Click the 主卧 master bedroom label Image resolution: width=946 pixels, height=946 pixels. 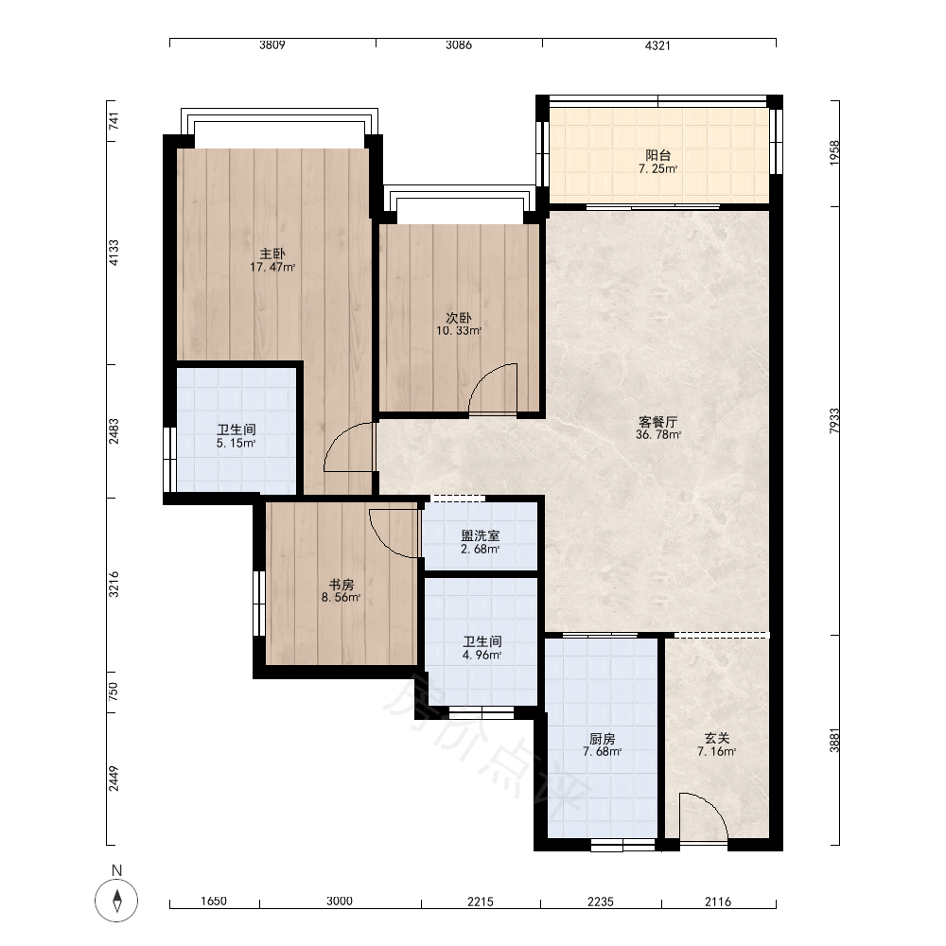pos(272,254)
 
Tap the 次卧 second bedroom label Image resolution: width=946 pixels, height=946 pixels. pos(459,317)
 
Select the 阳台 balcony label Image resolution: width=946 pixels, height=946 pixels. pos(657,155)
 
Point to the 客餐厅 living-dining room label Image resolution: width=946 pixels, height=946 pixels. pos(657,422)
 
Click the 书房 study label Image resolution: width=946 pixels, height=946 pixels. pos(341,585)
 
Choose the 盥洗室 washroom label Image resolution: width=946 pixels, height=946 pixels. pos(481,535)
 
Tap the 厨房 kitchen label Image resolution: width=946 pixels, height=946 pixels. pos(602,739)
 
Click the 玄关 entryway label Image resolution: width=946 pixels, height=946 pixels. pos(717,738)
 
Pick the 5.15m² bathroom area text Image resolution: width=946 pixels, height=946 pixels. pos(236,443)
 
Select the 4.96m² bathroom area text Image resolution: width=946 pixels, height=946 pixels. pos(482,655)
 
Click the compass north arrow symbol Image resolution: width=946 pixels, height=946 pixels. pos(116,901)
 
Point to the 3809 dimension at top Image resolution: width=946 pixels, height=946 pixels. pos(272,44)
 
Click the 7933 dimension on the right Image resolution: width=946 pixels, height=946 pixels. pos(834,421)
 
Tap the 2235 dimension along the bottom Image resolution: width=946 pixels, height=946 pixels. pos(601,902)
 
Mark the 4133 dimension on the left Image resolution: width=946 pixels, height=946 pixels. pos(114,253)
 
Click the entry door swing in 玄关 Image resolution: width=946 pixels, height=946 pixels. pos(704,816)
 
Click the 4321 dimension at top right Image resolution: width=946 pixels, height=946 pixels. pos(657,45)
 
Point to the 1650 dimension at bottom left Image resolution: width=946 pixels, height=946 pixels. pos(214,902)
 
